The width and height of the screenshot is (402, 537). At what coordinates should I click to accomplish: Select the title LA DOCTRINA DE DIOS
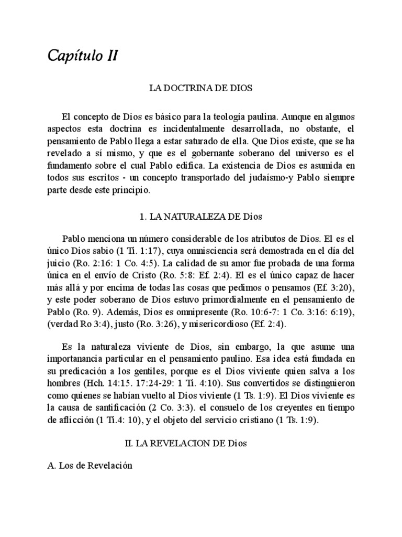pyautogui.click(x=202, y=89)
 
